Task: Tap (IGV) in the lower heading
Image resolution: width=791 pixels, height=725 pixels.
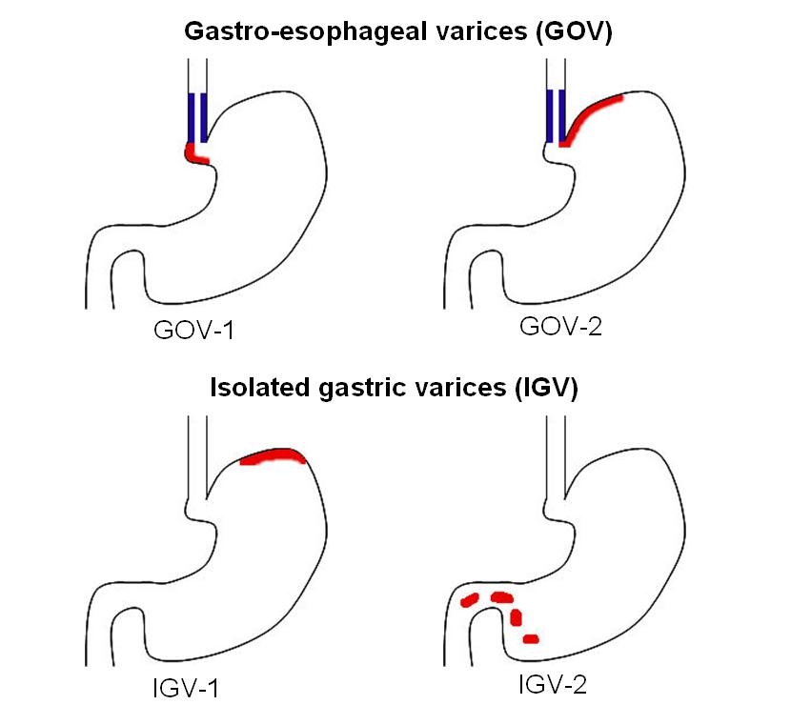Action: point(539,390)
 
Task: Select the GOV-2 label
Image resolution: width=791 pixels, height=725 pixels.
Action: point(562,329)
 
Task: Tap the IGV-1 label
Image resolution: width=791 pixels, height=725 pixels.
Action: point(187,688)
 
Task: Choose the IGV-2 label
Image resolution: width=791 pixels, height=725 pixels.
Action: point(559,684)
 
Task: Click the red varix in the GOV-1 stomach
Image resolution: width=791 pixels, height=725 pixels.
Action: point(194,152)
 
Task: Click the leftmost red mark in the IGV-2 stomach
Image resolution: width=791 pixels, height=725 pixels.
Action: point(469,601)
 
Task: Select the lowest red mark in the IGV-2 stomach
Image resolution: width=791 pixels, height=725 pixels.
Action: point(531,637)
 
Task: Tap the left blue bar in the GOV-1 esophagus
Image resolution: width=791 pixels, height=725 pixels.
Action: point(192,117)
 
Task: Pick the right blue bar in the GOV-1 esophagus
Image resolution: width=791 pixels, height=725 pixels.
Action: point(204,117)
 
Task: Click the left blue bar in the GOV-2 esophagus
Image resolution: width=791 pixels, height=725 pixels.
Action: point(549,115)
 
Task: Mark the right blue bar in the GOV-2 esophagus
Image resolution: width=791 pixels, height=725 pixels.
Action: point(561,115)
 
